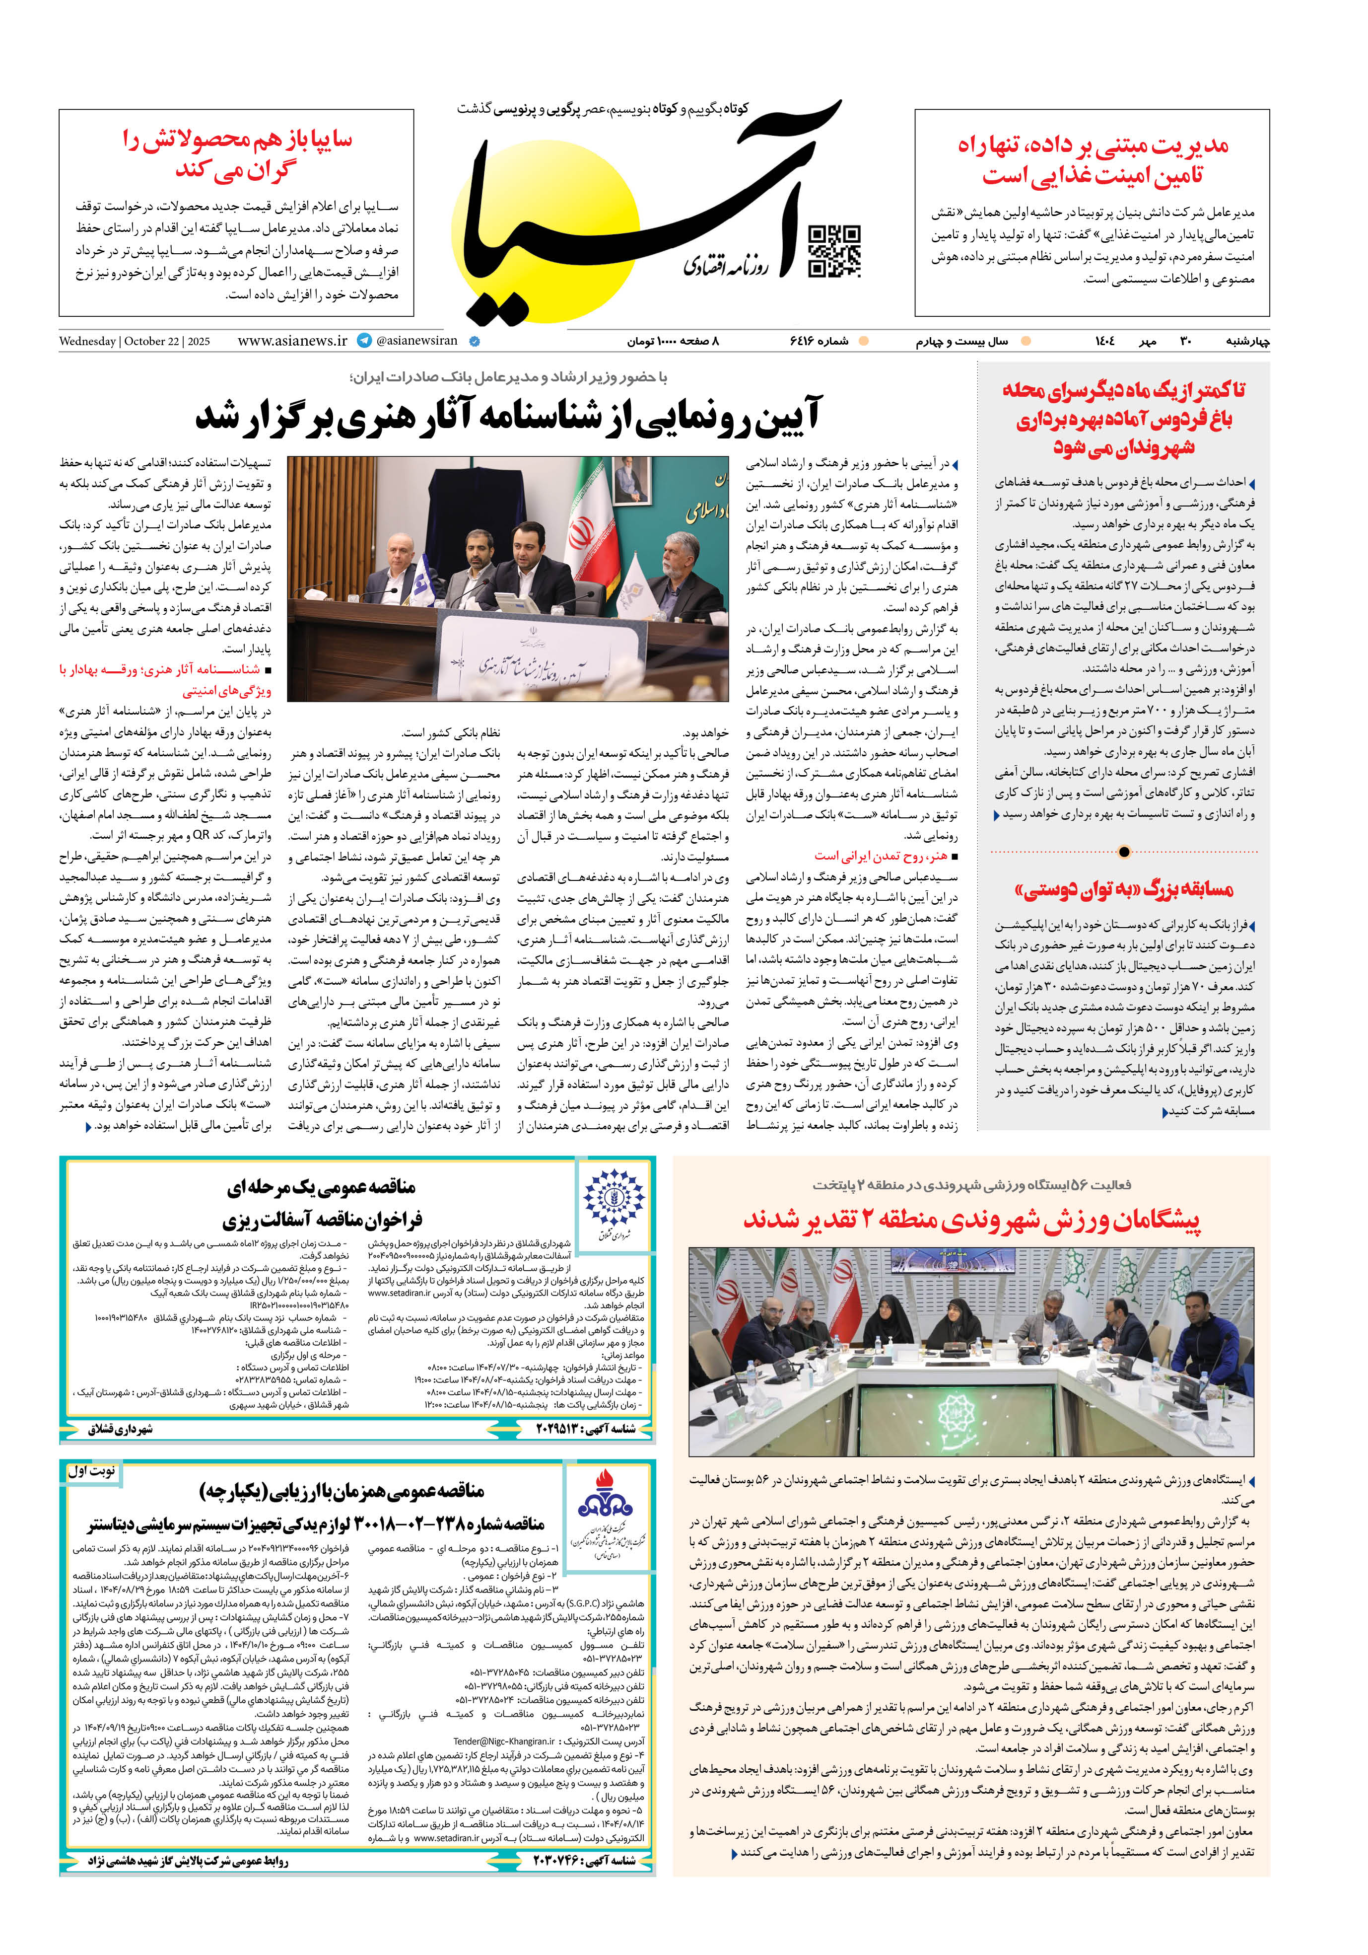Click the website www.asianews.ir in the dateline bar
292,341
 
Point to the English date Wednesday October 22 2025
135,342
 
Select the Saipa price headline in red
237,154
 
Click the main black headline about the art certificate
508,416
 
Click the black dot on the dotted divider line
1124,852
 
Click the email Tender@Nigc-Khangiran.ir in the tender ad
503,1741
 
